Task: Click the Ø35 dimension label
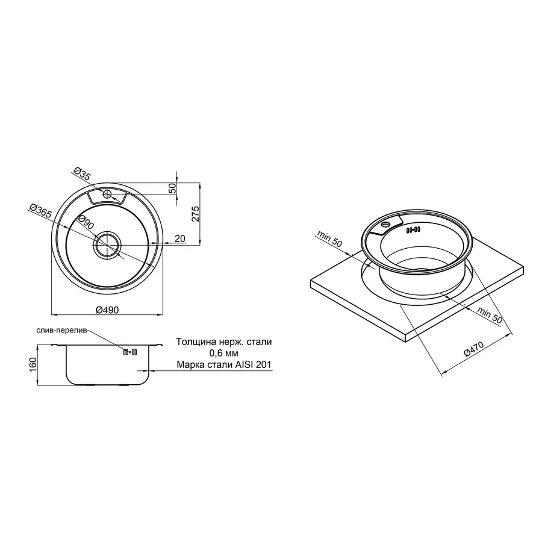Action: coord(83,174)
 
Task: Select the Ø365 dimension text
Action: coord(41,211)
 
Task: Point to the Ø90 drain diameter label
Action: coord(86,222)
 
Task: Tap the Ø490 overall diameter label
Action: coord(107,310)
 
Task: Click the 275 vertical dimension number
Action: coord(195,214)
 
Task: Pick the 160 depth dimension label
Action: coord(33,365)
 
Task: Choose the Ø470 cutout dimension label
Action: coord(474,349)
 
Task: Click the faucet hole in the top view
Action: coord(107,194)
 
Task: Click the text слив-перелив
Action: coord(61,330)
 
